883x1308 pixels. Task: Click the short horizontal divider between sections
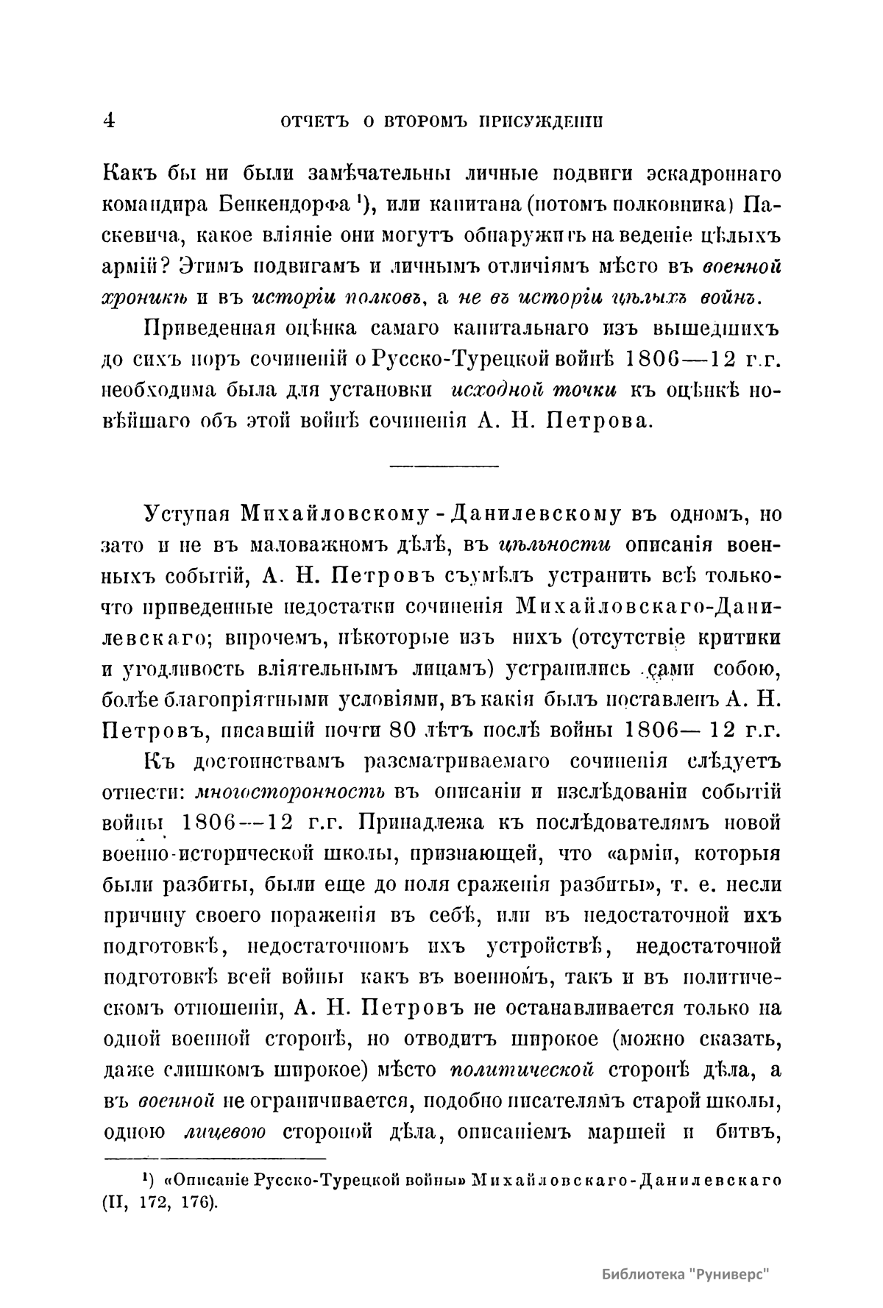coord(443,466)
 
